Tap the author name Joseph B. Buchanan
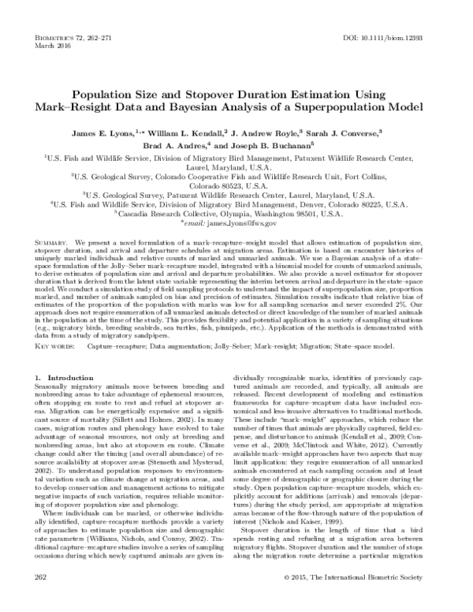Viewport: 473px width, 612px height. pyautogui.click(x=275, y=146)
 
